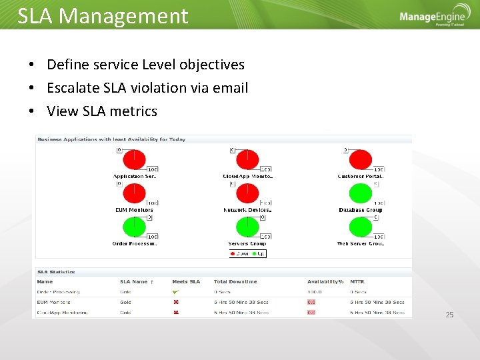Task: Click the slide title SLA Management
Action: (103, 16)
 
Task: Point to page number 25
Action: (449, 315)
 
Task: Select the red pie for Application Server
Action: (135, 160)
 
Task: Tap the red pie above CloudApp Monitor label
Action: (248, 160)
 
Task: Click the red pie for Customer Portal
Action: (361, 160)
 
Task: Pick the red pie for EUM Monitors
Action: (135, 193)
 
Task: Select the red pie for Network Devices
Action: (248, 193)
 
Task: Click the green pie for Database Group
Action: (361, 193)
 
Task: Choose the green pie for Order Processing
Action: (135, 227)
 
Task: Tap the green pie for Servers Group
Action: (248, 227)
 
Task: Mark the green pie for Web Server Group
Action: (361, 227)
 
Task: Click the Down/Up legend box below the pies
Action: (247, 253)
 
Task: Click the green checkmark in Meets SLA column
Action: (176, 291)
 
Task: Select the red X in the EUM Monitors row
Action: (176, 302)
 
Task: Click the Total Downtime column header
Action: (235, 281)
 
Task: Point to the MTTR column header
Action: (357, 281)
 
